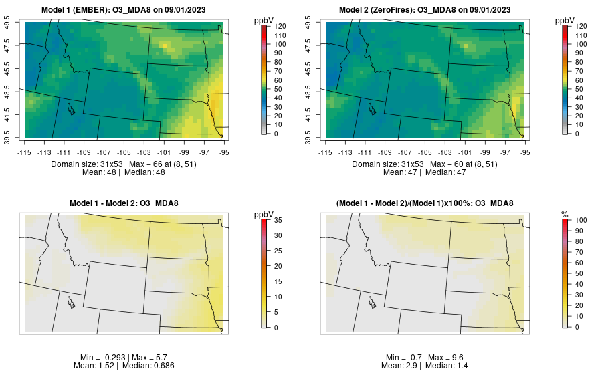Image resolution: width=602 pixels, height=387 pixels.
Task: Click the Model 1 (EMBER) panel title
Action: click(x=127, y=10)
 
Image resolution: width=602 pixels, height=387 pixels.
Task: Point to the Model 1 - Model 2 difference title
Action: click(x=127, y=203)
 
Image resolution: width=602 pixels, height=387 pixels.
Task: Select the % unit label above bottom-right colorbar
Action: click(x=565, y=215)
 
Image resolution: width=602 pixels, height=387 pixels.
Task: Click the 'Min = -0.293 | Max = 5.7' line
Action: click(x=127, y=358)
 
